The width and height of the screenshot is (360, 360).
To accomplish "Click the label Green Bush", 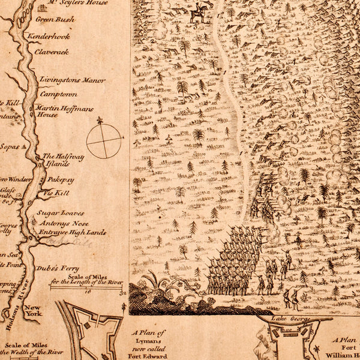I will (55, 19).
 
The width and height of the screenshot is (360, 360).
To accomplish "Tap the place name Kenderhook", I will (49, 37).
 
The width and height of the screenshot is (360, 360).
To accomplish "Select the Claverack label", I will (51, 52).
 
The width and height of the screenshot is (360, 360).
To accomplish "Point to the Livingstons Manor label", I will (72, 80).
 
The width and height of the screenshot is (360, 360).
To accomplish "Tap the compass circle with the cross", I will (104, 141).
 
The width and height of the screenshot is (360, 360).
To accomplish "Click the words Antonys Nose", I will (63, 223).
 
